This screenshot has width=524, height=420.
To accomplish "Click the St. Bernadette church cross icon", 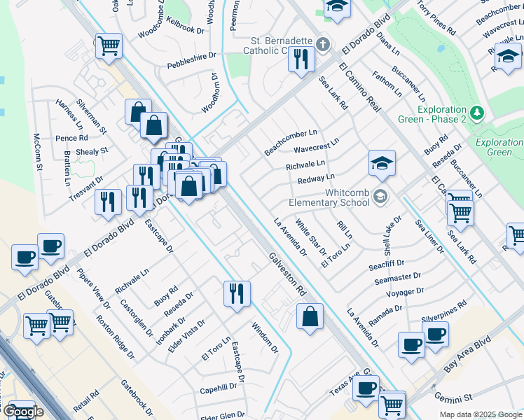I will tap(322, 45).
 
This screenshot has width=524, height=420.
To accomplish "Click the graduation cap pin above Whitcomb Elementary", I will tap(382, 164).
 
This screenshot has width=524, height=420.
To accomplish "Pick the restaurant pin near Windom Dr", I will tap(237, 293).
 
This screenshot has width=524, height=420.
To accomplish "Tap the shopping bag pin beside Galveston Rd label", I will tap(310, 317).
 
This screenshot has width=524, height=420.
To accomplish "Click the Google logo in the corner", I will tap(23, 412).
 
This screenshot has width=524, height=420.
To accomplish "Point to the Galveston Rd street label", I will tap(287, 273).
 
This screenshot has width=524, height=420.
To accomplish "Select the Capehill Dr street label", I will tap(219, 388).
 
